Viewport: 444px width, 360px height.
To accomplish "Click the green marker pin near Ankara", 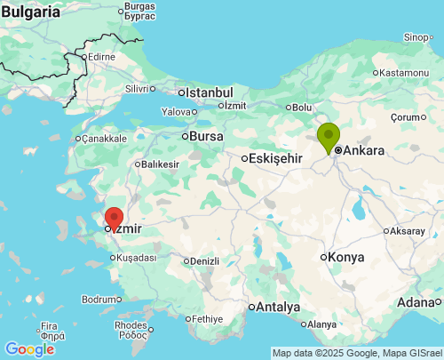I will coord(329,137).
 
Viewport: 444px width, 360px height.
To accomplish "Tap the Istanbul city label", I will coord(210,92).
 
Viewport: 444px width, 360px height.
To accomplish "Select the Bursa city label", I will coord(206,136).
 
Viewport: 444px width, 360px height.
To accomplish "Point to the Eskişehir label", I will coord(276,158).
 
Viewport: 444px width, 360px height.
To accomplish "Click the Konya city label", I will coord(345,257).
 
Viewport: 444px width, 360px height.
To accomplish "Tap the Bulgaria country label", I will coord(32,13).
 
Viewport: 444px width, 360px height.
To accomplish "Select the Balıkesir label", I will coord(160,164).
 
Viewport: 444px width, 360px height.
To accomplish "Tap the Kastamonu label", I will coord(406,72).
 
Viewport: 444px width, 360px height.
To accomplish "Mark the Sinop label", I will coord(416,36).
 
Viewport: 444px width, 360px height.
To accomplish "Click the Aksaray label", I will coord(408,230).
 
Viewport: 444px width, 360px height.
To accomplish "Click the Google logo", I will coord(29,349).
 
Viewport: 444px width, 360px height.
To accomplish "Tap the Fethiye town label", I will coord(206,318).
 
